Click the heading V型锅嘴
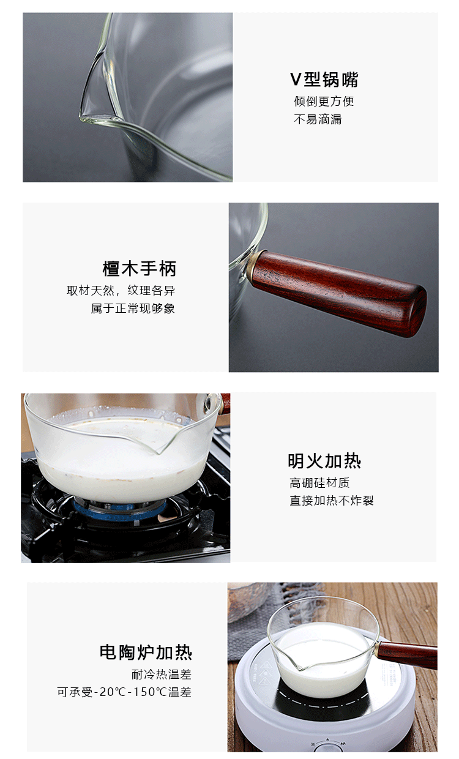point(324,80)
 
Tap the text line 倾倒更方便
point(324,101)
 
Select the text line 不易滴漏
point(318,119)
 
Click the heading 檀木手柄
point(140,269)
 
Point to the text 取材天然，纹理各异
point(121,290)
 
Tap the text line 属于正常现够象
point(133,308)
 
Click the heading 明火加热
point(324,461)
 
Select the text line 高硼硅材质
point(319,483)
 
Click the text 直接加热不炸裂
point(331,501)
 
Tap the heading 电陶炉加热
point(146,652)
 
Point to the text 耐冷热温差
point(162,675)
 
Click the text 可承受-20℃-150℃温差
point(124,692)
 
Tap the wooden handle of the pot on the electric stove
point(407,654)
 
